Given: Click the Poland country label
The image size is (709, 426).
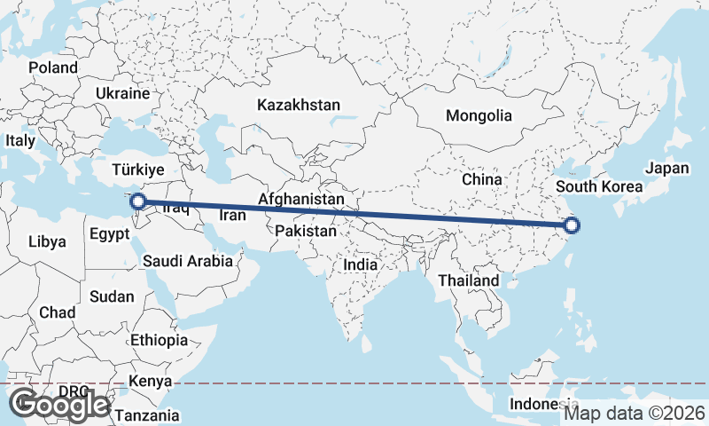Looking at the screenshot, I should tap(53, 67).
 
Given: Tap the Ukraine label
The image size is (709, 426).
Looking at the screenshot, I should tap(122, 92).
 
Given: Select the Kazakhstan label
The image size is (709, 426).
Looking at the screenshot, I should tap(299, 105).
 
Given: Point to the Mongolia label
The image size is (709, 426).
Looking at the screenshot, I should tap(479, 115).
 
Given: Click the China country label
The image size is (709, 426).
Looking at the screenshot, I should tap(482, 179).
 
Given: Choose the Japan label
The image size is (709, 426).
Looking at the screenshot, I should tap(666, 168).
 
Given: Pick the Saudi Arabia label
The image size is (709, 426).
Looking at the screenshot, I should tap(188, 261).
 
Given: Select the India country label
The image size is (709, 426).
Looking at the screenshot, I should tap(360, 264).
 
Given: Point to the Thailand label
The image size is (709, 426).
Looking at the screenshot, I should tap(469, 280).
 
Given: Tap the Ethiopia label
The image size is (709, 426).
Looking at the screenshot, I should tap(160, 340).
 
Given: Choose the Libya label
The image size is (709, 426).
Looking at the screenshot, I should tap(47, 241).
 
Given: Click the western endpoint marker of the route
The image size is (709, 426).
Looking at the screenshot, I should tap(137, 201).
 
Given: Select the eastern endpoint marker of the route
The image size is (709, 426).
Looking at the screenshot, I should tap(572, 225).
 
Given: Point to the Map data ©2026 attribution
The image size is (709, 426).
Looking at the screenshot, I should tap(635, 413).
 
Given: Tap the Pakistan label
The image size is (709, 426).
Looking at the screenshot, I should tap(306, 231).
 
